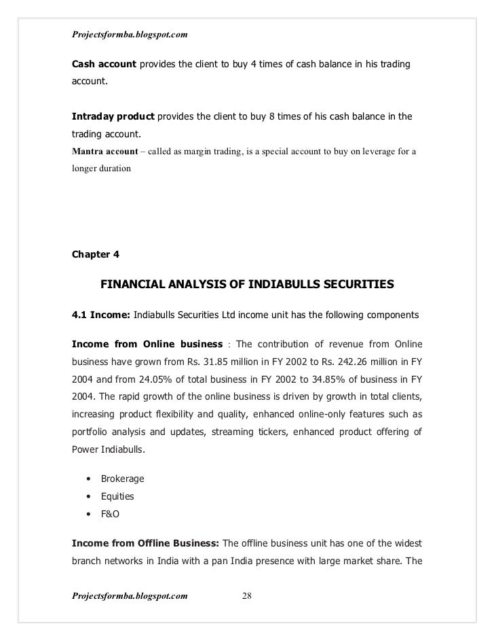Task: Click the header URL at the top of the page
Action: click(x=130, y=33)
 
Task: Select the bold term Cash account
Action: click(x=104, y=65)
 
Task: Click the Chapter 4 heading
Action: click(x=96, y=255)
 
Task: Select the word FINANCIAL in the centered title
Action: click(x=135, y=286)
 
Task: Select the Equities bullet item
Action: click(x=117, y=496)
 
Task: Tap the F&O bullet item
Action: click(x=110, y=515)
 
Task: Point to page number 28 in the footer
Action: click(x=247, y=596)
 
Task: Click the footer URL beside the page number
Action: click(x=130, y=596)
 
